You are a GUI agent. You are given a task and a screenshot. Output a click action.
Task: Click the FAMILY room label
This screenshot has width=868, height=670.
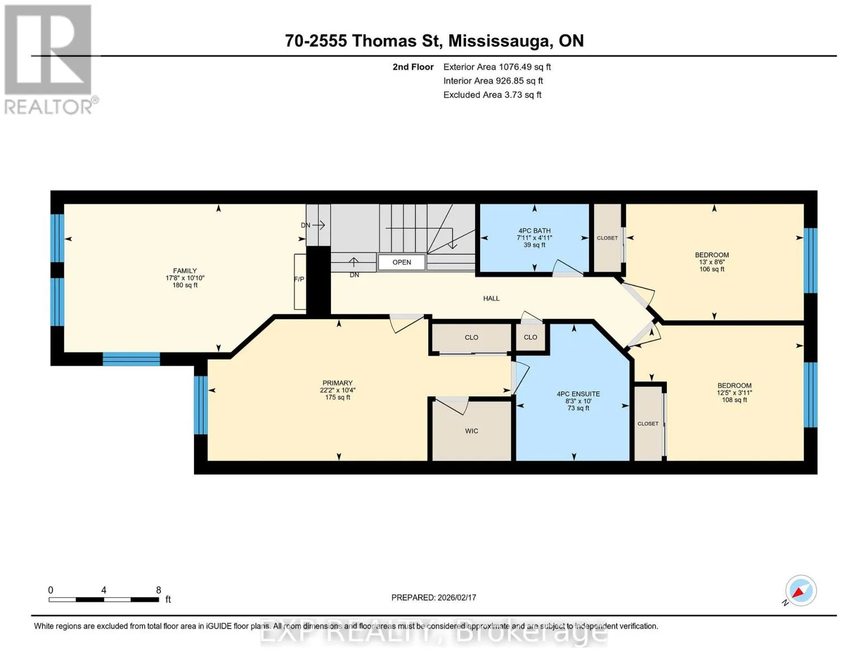click(184, 271)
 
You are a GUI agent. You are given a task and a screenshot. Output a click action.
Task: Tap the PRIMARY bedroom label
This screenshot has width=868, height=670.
click(338, 382)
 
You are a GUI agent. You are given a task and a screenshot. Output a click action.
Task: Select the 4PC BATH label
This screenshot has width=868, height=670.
click(534, 231)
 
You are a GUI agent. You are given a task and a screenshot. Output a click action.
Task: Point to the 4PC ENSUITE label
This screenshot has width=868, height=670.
click(578, 394)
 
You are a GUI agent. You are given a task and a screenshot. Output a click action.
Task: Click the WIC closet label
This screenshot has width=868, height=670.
click(471, 431)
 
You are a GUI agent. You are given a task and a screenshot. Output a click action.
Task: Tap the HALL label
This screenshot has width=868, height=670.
click(491, 299)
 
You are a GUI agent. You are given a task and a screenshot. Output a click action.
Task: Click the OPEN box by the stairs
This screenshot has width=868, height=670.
click(402, 262)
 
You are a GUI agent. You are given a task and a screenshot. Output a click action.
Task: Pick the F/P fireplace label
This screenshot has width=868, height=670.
click(299, 279)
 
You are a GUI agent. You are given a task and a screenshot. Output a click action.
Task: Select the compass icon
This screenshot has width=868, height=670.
click(800, 591)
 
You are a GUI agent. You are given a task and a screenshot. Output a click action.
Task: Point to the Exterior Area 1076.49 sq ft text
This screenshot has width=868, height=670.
click(497, 67)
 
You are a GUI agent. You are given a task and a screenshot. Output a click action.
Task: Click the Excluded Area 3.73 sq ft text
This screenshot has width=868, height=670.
click(492, 95)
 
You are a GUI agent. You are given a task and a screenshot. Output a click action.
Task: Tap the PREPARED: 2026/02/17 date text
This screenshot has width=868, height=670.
click(434, 597)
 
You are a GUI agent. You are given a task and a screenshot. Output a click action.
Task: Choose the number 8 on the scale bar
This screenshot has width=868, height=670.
click(159, 590)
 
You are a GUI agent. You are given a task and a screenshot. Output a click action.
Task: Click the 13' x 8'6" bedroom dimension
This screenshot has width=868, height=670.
click(712, 262)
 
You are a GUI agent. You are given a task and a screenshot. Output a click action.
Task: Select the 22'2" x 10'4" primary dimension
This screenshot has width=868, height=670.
click(338, 390)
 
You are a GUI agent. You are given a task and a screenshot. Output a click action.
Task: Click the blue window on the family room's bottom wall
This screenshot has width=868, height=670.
click(131, 359)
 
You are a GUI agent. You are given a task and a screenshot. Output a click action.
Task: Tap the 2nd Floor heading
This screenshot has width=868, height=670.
click(413, 67)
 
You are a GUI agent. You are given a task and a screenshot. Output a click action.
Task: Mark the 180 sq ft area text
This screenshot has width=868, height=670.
click(185, 285)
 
